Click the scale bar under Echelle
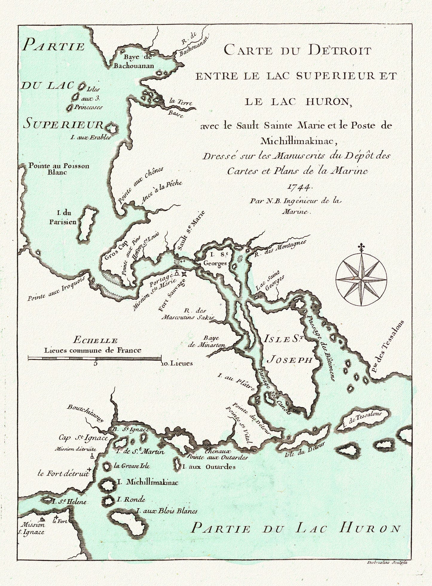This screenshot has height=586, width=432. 95,358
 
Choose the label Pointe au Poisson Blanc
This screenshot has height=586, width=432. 59,169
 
